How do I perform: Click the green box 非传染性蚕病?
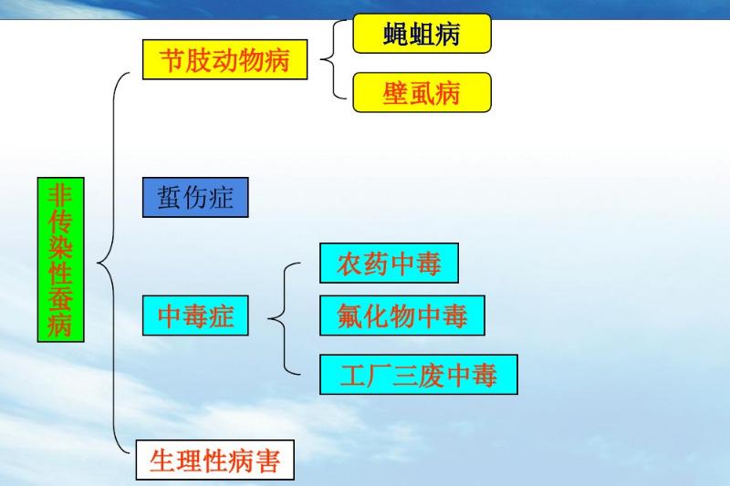click(x=60, y=259)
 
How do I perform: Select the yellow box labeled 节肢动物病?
click(x=224, y=60)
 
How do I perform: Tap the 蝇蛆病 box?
click(x=422, y=34)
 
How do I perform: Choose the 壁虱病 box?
click(x=422, y=92)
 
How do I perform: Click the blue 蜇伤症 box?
click(x=195, y=198)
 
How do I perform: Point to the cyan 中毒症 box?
click(x=195, y=315)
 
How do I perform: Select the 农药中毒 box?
click(x=389, y=264)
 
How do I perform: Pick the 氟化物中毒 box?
click(x=401, y=315)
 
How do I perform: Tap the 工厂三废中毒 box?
click(x=418, y=375)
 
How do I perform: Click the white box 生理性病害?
click(x=215, y=461)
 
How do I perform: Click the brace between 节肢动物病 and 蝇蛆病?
click(x=331, y=60)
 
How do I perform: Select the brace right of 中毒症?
click(x=281, y=317)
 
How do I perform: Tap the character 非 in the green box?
click(x=60, y=193)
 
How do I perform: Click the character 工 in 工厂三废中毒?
click(x=352, y=375)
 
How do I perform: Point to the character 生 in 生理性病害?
click(x=162, y=461)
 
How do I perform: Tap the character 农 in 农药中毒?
click(x=349, y=264)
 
